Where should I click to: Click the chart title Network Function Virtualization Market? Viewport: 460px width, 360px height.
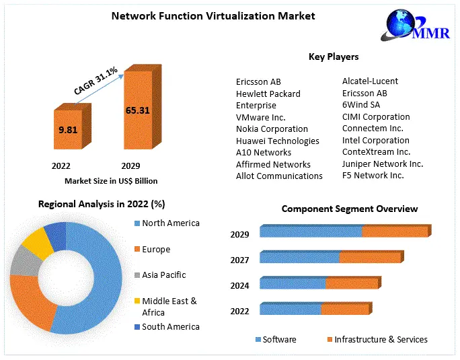tap(213, 15)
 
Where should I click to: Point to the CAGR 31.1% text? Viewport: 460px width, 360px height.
tap(95, 79)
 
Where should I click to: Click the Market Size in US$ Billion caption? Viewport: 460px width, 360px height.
tap(111, 181)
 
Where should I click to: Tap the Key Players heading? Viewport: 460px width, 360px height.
tap(334, 57)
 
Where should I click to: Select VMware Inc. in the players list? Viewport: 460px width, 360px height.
tap(260, 117)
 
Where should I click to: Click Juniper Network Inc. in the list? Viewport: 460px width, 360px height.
tap(383, 164)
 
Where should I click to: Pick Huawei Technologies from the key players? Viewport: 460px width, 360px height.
tap(277, 141)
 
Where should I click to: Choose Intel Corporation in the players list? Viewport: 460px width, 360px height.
tap(375, 140)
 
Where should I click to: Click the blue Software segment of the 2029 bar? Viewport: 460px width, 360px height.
tap(310, 232)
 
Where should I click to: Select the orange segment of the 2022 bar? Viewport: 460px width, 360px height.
tap(344, 310)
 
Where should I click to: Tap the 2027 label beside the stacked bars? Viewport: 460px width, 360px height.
tap(240, 260)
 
